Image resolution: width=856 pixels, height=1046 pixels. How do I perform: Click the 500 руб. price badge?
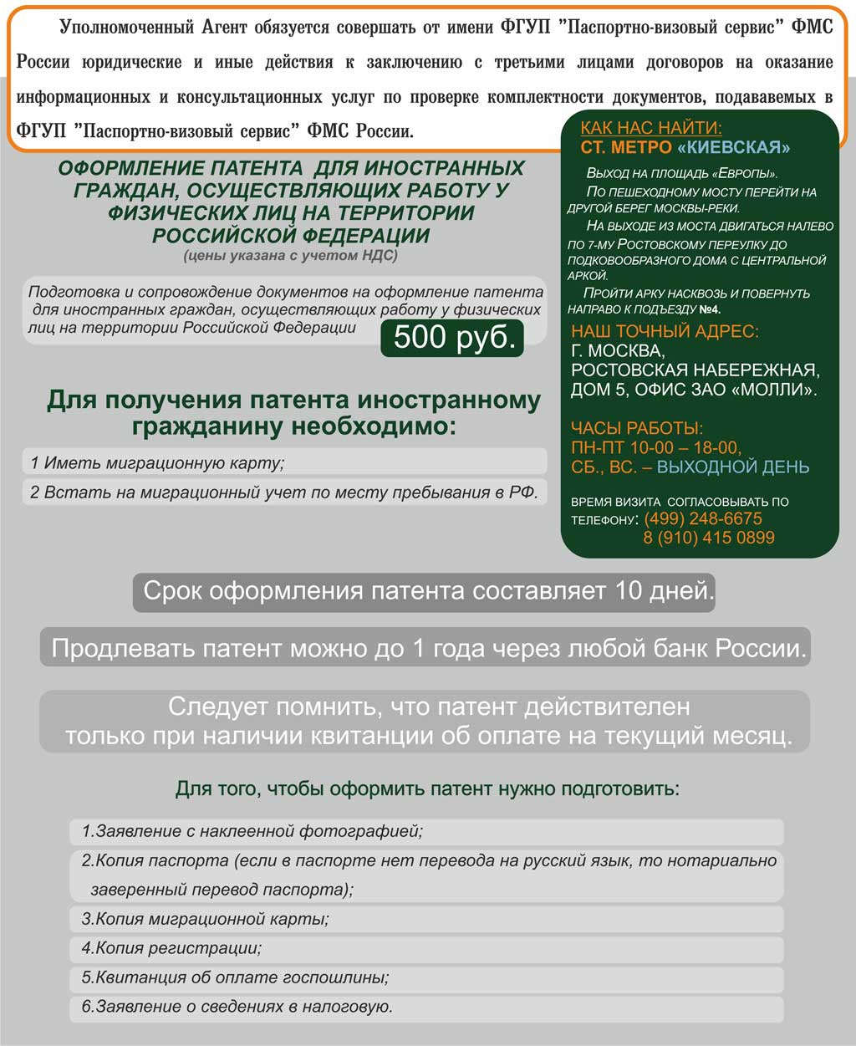pos(452,338)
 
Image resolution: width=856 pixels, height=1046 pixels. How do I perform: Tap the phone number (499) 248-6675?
pos(703,519)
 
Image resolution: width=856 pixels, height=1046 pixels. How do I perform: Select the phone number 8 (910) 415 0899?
pos(708,538)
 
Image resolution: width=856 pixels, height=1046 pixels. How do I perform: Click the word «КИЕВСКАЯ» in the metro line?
pos(733,148)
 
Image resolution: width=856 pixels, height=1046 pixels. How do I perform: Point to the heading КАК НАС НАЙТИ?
pos(651,128)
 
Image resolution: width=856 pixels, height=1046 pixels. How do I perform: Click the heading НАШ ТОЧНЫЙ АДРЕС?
pos(665,331)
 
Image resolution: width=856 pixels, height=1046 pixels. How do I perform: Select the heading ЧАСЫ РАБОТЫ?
pos(637,429)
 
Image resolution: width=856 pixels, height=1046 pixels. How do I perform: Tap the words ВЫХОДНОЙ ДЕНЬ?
pos(733,467)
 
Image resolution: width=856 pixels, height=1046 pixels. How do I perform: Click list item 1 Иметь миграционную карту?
pos(158,462)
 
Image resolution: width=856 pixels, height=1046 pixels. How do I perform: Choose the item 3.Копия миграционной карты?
pos(206,919)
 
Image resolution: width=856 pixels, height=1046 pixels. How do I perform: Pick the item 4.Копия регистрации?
pos(172,948)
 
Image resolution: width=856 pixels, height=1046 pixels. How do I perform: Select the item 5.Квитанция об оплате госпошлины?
pos(236,977)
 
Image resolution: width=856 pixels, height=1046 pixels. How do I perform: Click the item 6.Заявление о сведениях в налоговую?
pos(237,1007)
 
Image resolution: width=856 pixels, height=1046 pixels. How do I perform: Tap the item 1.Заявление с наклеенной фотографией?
pos(252,831)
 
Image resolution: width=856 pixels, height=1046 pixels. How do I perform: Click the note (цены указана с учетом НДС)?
pos(291,256)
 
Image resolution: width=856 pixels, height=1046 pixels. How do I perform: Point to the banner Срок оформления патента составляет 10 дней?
pos(425,591)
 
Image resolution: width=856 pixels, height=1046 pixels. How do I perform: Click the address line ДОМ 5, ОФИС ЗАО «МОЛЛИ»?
pos(694,390)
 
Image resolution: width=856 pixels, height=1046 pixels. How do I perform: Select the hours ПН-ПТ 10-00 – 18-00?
pos(656,448)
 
